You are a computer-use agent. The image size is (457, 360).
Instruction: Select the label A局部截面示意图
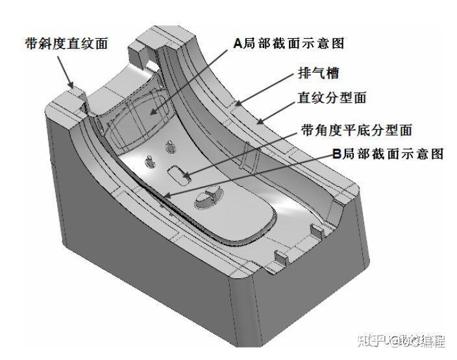(x=288, y=43)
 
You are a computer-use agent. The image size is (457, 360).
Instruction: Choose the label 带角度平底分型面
(x=357, y=130)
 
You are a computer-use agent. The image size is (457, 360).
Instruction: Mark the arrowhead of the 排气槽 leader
(x=236, y=104)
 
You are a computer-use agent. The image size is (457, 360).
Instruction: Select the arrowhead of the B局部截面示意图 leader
(x=165, y=195)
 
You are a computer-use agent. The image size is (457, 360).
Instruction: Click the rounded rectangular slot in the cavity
(x=177, y=173)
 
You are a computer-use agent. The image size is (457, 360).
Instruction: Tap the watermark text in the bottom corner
(x=402, y=339)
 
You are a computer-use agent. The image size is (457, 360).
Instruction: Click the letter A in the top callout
(x=238, y=43)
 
